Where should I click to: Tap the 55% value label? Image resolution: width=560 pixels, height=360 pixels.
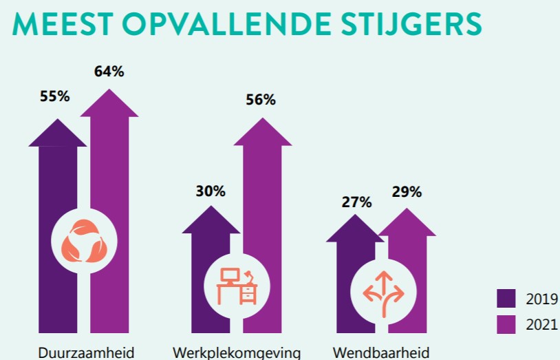pyautogui.click(x=55, y=96)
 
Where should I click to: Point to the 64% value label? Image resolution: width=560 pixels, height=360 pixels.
pyautogui.click(x=109, y=71)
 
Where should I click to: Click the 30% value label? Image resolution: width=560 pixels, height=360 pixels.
pyautogui.click(x=211, y=191)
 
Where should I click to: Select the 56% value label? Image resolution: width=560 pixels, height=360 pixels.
pyautogui.click(x=261, y=100)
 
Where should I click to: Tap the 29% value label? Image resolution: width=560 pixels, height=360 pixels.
pyautogui.click(x=407, y=191)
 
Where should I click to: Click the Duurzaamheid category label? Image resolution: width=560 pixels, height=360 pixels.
pyautogui.click(x=85, y=352)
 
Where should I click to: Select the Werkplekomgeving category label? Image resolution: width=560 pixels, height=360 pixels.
pyautogui.click(x=237, y=352)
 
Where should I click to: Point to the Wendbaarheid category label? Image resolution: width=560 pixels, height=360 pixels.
pyautogui.click(x=381, y=352)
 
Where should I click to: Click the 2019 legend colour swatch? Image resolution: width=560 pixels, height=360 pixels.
pyautogui.click(x=506, y=298)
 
